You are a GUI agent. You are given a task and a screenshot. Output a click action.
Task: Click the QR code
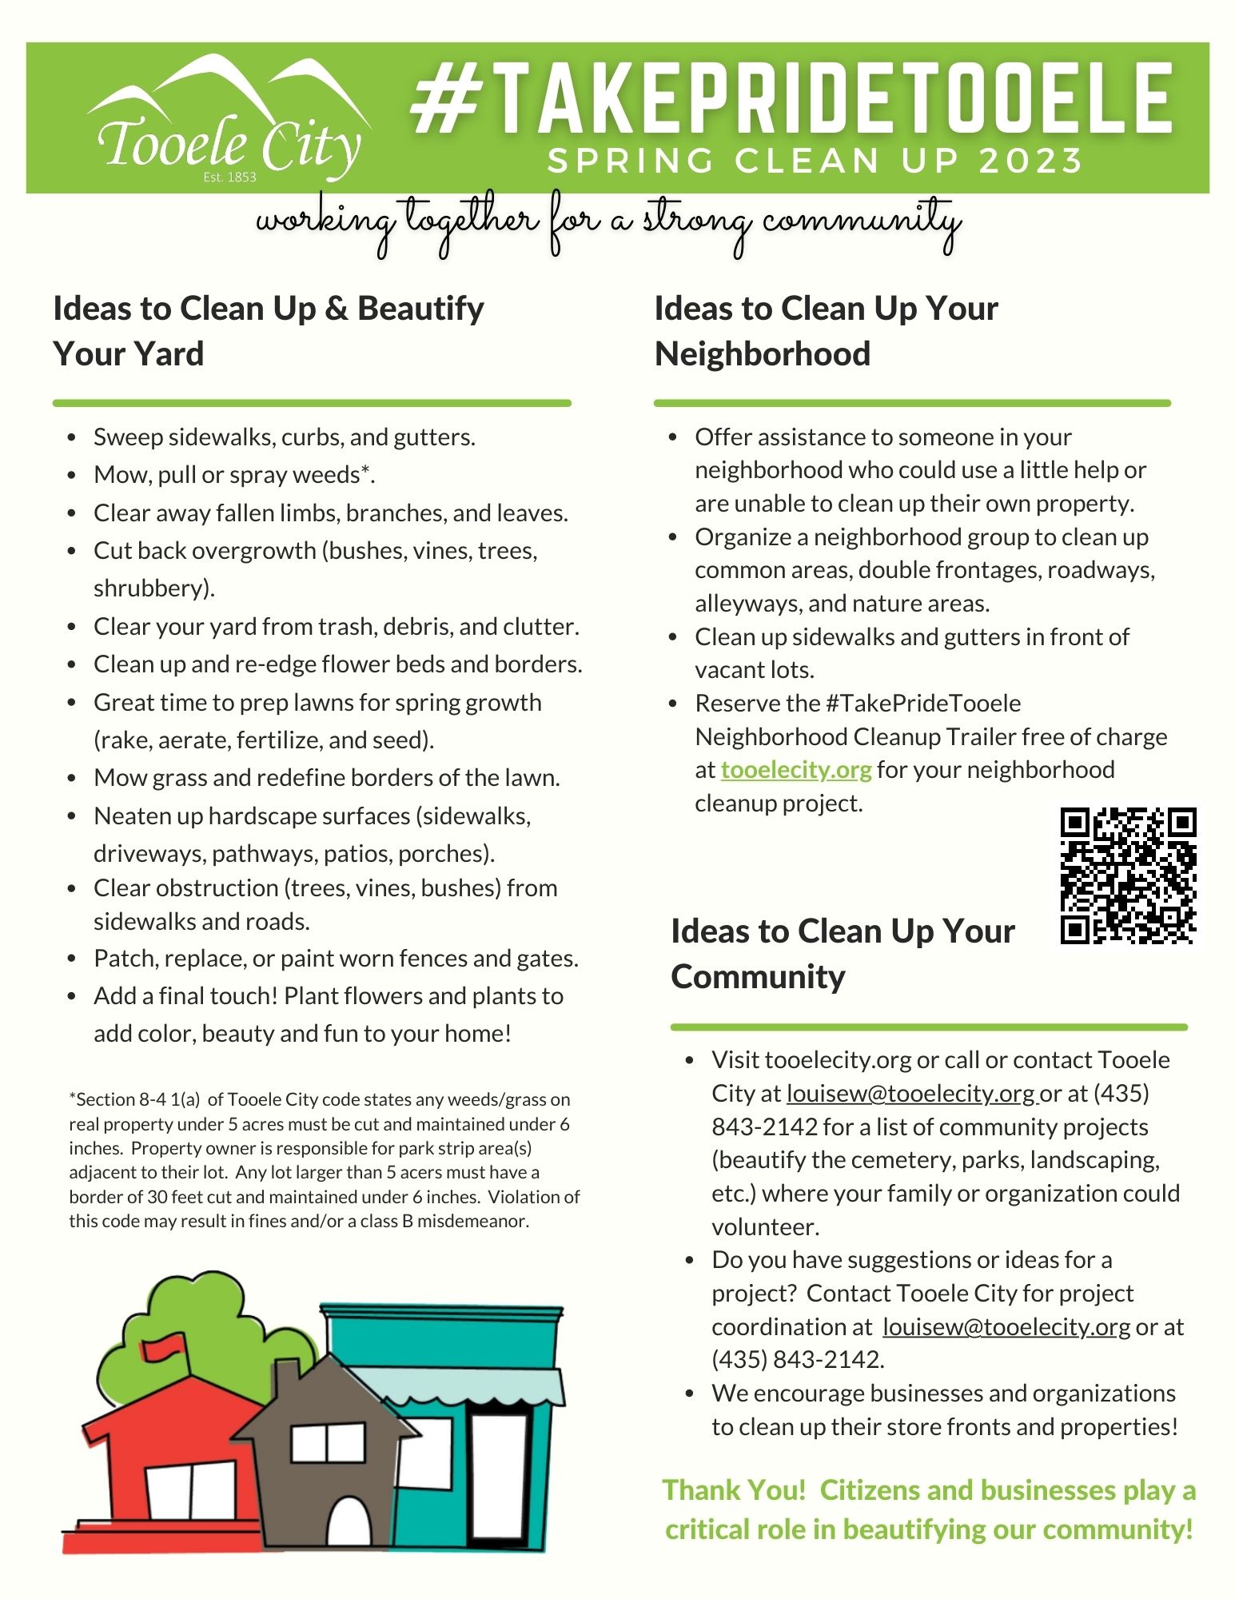point(1128,875)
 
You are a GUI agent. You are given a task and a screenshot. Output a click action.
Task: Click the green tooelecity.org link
point(795,770)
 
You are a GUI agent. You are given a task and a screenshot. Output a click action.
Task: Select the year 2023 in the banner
point(1030,161)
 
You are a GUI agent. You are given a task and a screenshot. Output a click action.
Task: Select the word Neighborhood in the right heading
point(762,353)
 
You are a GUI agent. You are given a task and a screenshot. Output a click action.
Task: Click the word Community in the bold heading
point(758,976)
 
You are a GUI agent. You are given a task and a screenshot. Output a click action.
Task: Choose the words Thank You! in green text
point(734,1490)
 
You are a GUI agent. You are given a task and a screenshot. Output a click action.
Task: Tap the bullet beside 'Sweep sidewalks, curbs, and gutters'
point(74,438)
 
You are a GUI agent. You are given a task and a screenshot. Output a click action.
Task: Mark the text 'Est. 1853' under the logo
point(229,177)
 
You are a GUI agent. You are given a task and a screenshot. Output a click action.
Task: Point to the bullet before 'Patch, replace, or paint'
point(74,959)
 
